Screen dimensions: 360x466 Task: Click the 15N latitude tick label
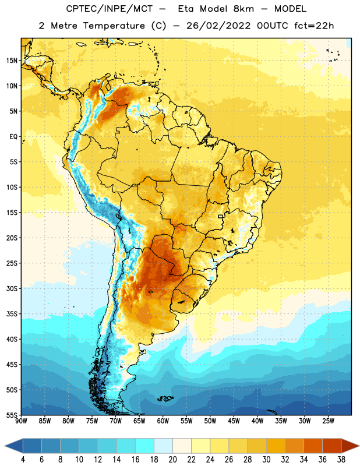pyautogui.click(x=12, y=61)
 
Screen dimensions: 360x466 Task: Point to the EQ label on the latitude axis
pyautogui.click(x=13, y=137)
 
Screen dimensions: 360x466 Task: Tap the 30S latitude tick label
pyautogui.click(x=12, y=288)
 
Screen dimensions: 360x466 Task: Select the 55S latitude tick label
pyautogui.click(x=12, y=415)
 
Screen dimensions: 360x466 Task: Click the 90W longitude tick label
pyautogui.click(x=21, y=421)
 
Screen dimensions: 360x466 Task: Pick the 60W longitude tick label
pyautogui.click(x=163, y=421)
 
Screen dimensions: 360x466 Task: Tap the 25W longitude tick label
pyautogui.click(x=328, y=421)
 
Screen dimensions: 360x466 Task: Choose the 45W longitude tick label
pyautogui.click(x=234, y=421)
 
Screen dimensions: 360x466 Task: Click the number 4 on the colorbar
pyautogui.click(x=23, y=460)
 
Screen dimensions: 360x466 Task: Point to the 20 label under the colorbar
pyautogui.click(x=172, y=460)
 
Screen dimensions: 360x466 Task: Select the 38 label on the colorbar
pyautogui.click(x=341, y=460)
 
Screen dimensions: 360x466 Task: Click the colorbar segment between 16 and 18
pyautogui.click(x=144, y=446)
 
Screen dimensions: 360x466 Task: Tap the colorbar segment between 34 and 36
pyautogui.click(x=313, y=446)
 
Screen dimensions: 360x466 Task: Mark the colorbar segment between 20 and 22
pyautogui.click(x=182, y=446)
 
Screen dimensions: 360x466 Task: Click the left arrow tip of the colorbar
pyautogui.click(x=5, y=446)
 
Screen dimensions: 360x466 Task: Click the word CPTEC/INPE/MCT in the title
pyautogui.click(x=110, y=9)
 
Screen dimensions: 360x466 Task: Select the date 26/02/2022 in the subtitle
pyautogui.click(x=218, y=26)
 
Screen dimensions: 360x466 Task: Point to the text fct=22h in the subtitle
pyautogui.click(x=314, y=26)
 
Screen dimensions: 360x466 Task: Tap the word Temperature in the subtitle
pyautogui.click(x=114, y=26)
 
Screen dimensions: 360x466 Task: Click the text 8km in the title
pyautogui.click(x=243, y=9)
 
